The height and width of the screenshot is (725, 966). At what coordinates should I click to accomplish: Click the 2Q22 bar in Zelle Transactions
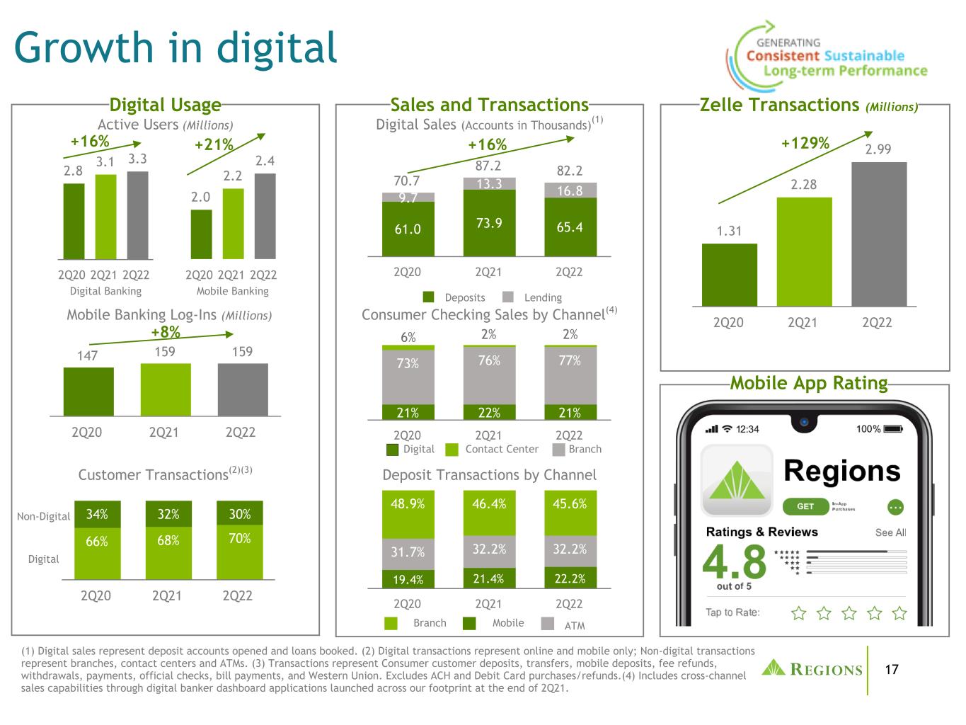878,234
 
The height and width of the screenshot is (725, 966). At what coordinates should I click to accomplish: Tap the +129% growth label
805,143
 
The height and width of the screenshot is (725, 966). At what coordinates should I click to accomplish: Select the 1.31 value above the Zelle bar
729,231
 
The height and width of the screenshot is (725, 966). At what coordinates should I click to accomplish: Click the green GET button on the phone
805,506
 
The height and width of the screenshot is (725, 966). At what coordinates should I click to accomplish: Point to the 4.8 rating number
734,561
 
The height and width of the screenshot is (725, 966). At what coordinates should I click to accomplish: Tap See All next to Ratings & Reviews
890,532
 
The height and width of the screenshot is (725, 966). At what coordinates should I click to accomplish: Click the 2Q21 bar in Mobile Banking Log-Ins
166,389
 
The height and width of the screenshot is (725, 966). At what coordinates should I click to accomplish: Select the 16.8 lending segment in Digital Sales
570,190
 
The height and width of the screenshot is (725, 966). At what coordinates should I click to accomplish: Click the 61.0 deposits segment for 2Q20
408,229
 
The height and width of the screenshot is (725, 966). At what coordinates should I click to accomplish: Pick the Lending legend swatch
508,297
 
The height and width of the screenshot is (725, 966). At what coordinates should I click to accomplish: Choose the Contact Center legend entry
492,449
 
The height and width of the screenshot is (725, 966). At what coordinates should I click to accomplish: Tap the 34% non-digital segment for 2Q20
97,514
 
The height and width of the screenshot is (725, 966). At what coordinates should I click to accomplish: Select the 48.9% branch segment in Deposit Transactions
408,514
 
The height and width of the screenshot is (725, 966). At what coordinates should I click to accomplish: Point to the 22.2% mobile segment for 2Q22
570,578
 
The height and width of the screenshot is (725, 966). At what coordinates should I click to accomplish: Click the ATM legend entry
563,624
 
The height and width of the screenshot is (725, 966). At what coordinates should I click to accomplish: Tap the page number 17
892,670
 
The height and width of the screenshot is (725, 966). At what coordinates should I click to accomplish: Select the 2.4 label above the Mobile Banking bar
265,161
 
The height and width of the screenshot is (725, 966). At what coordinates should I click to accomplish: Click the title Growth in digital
176,47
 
